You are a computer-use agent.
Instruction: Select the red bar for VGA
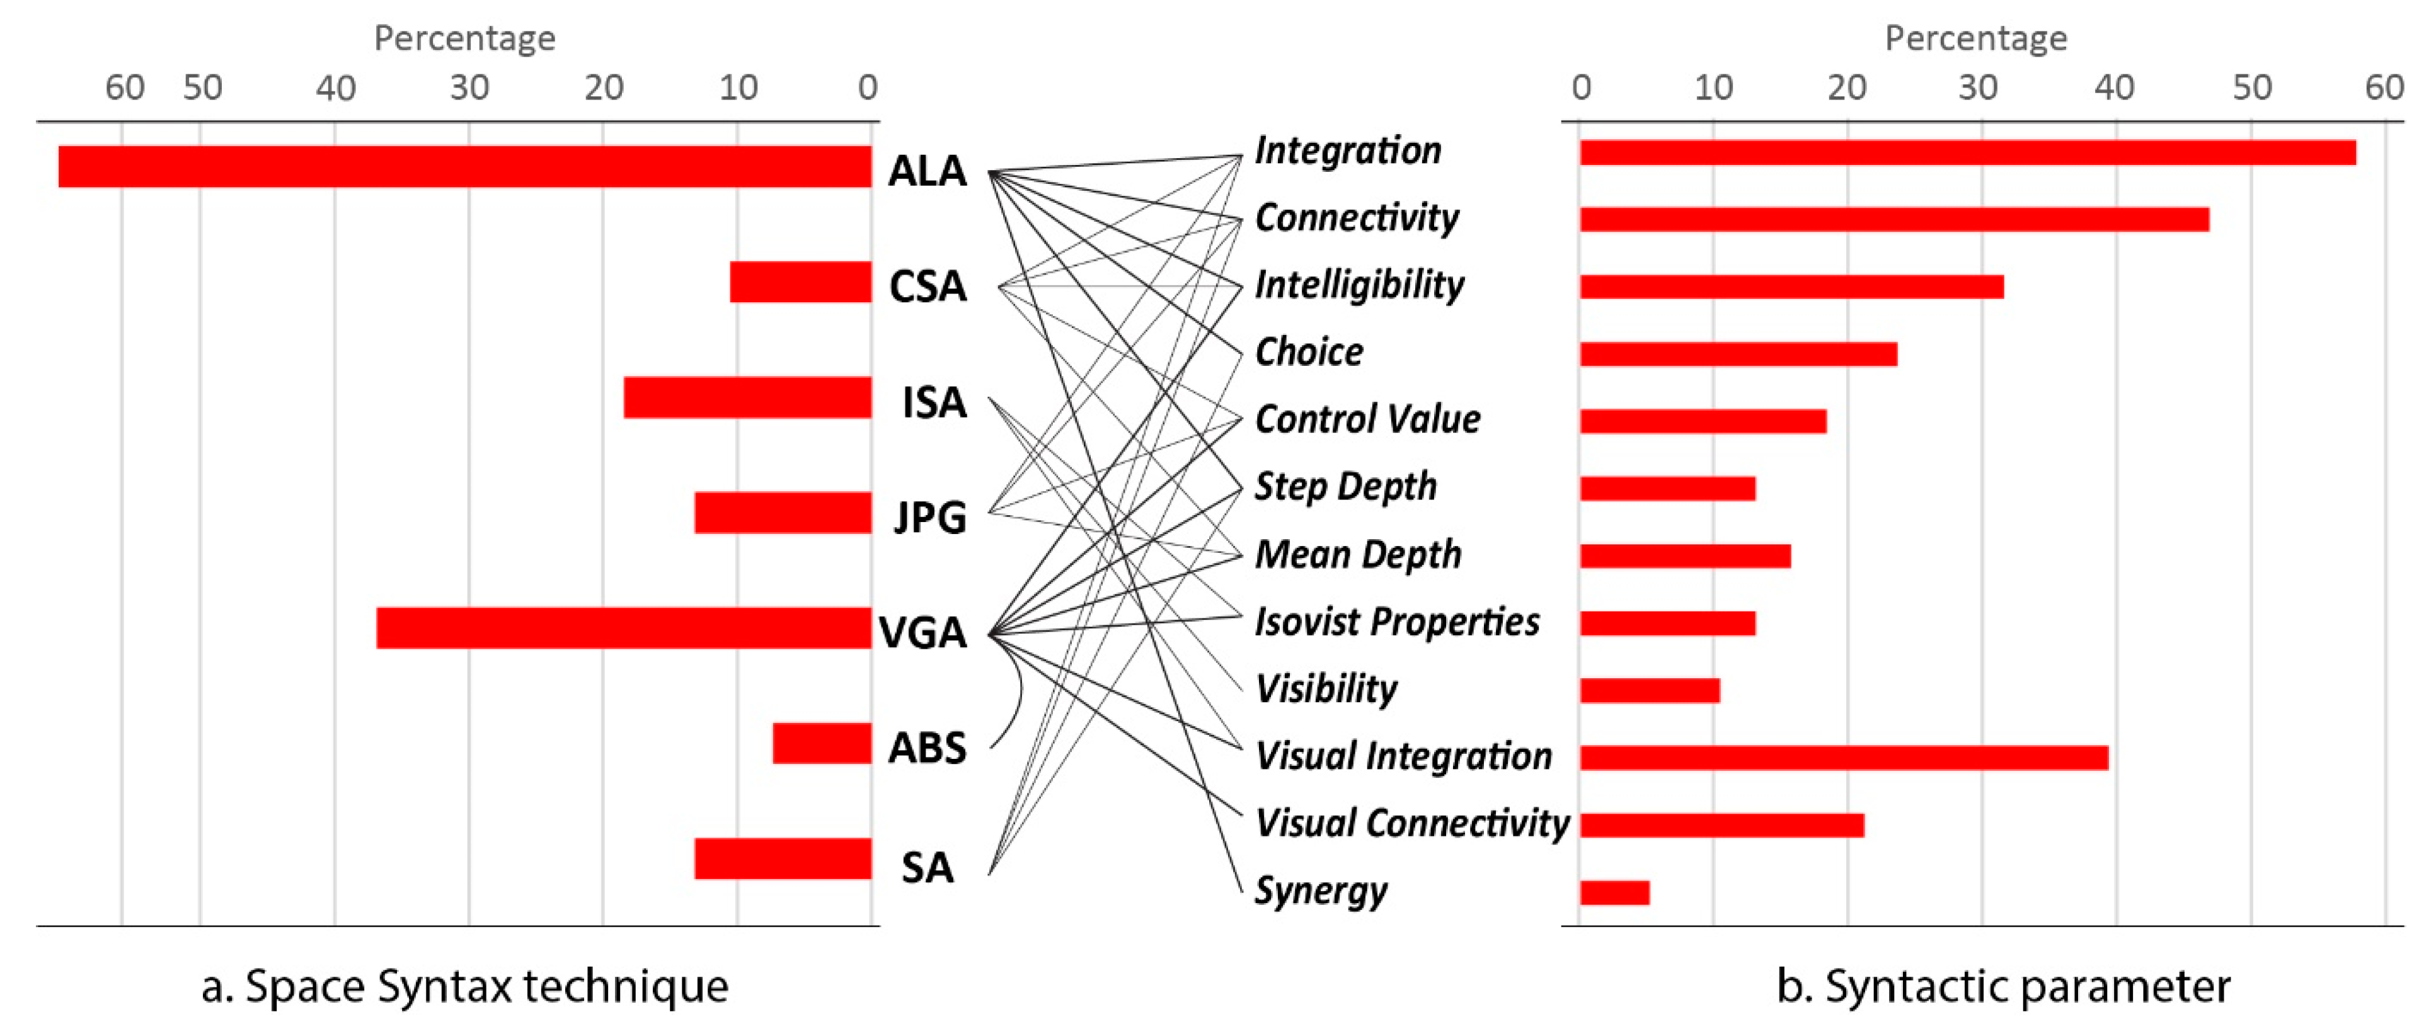pos(623,628)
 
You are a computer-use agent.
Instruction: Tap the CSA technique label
pos(927,285)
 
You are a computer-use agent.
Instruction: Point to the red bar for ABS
pos(821,743)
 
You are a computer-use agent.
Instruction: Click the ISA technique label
pos(933,402)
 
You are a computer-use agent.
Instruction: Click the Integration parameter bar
pos(1967,152)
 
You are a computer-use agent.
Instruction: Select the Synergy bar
pos(1614,892)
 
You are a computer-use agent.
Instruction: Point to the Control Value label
pos(1367,419)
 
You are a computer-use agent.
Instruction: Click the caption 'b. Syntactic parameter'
pos(2003,986)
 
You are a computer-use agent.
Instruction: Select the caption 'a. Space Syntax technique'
pos(464,986)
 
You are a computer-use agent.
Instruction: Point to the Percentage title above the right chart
pos(1975,38)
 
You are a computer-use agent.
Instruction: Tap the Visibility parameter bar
pos(1649,690)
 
